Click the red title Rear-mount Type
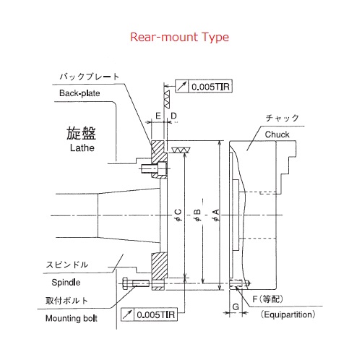(179, 38)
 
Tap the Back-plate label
(79, 93)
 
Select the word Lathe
(82, 147)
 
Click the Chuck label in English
(277, 134)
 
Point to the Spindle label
(66, 283)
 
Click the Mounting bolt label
(72, 318)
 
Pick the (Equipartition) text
(288, 314)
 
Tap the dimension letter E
(158, 116)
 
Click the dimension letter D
(173, 116)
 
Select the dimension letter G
(236, 307)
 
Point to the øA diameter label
(216, 215)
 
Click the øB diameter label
(197, 215)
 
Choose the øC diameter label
(178, 215)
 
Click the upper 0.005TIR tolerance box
(204, 86)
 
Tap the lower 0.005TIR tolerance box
(149, 314)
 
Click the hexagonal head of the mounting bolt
(125, 283)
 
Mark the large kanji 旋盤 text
(81, 133)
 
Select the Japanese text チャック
(282, 118)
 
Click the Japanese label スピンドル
(67, 265)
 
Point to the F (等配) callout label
(267, 299)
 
